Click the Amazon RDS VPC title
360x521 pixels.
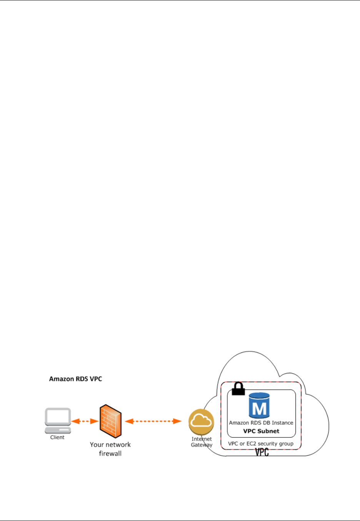point(75,379)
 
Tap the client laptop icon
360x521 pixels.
point(58,421)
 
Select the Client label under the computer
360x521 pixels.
point(57,438)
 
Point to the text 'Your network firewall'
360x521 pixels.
point(110,449)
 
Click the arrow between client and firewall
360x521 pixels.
point(85,421)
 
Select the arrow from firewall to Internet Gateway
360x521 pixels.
point(153,421)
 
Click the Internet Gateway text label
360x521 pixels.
point(202,442)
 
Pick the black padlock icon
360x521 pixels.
point(238,389)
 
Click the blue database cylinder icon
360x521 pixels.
point(259,406)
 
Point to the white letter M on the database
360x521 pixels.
point(259,408)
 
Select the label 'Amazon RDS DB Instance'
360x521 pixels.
point(261,423)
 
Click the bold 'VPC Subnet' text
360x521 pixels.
point(261,431)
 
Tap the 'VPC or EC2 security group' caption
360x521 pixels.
point(261,444)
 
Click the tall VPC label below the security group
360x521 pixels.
point(262,452)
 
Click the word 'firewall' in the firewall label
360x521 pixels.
point(110,454)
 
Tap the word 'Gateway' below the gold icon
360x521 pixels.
point(202,445)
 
